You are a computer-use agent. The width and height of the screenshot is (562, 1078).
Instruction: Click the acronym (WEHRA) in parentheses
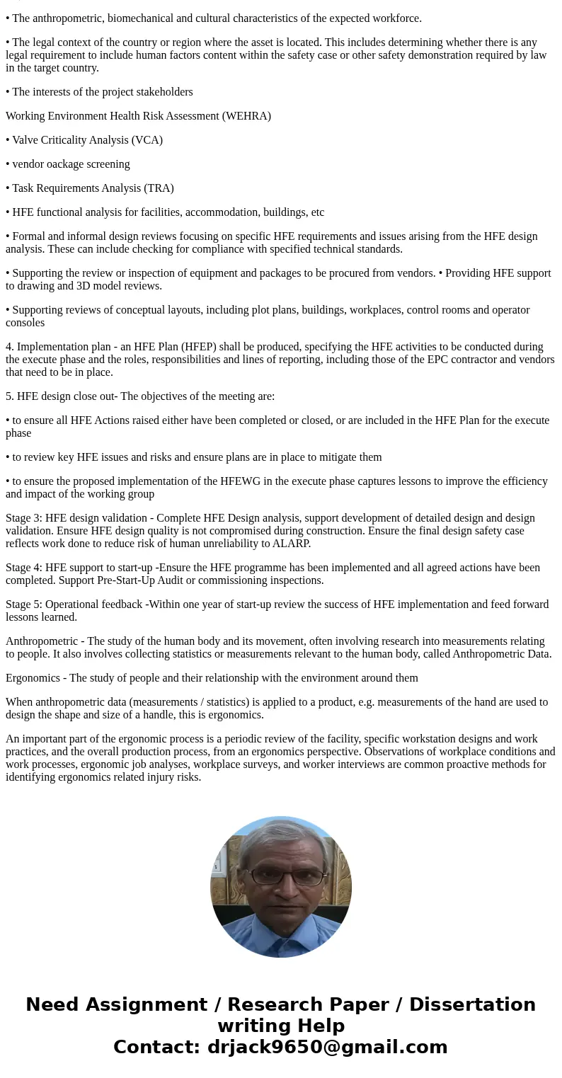pos(246,116)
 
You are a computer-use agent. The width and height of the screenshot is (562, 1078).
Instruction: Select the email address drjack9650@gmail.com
pos(327,1048)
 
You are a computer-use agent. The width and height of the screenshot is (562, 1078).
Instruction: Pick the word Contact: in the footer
pos(157,1048)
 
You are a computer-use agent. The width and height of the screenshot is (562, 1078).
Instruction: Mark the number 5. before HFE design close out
pos(10,396)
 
